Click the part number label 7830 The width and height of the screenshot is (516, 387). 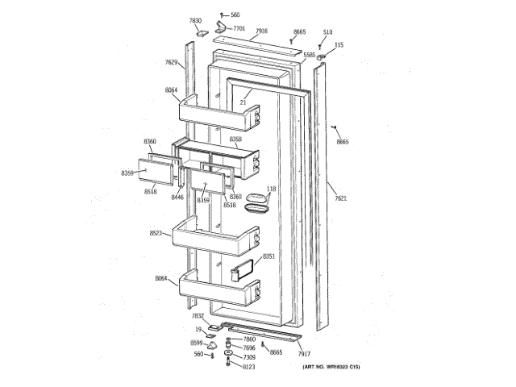(196, 19)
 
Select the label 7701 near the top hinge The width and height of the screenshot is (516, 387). (239, 28)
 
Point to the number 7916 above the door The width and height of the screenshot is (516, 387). (261, 31)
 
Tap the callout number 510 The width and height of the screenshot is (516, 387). (327, 32)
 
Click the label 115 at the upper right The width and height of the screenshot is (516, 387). (339, 45)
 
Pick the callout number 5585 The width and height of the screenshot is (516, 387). (310, 55)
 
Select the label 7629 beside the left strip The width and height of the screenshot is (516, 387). (172, 62)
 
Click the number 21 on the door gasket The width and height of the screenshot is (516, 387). (241, 102)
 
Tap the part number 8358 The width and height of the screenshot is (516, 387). (235, 139)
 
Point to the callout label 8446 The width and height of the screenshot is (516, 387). (177, 197)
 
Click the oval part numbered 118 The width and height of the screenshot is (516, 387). (259, 203)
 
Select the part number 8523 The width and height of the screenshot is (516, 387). (156, 233)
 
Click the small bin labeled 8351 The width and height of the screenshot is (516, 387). (244, 272)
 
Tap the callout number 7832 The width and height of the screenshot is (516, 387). (198, 317)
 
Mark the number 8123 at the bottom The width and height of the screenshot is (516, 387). (248, 367)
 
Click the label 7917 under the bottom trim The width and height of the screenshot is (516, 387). (304, 354)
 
